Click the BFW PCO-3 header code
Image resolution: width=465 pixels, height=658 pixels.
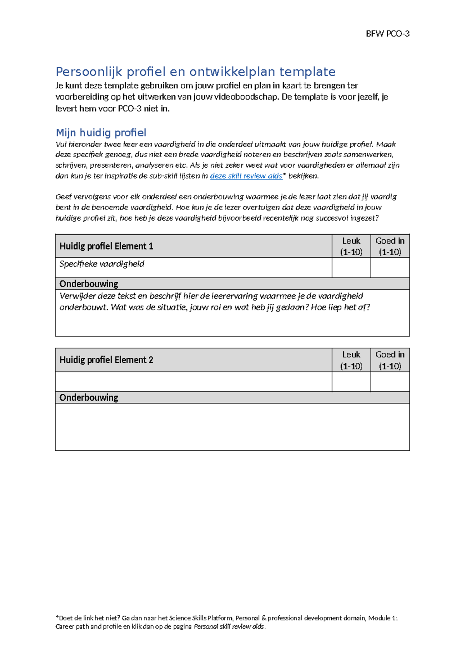[x=387, y=34]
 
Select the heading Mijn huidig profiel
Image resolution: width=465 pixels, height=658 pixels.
[x=101, y=133]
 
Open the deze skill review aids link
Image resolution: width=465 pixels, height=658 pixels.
[x=246, y=176]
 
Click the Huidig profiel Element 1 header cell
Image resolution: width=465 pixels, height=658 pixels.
[x=106, y=246]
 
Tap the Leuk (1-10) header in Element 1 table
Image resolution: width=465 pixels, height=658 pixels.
[x=351, y=246]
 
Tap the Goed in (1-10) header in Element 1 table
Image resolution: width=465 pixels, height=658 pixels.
[x=390, y=246]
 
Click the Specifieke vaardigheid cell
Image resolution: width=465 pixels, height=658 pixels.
[x=102, y=264]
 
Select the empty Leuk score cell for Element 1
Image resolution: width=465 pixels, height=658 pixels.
[x=351, y=268]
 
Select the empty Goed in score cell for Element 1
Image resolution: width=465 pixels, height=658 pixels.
[x=390, y=268]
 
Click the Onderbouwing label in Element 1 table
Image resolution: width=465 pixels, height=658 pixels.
[x=89, y=284]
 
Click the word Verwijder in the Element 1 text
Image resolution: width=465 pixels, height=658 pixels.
[x=77, y=296]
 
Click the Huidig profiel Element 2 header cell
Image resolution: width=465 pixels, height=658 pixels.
[x=106, y=360]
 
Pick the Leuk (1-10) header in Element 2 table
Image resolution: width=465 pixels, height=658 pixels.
[x=351, y=360]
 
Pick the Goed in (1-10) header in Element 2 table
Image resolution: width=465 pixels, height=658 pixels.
[x=390, y=360]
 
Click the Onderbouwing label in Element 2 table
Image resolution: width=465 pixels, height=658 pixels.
[x=89, y=397]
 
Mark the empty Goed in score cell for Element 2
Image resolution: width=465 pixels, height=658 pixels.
[x=390, y=382]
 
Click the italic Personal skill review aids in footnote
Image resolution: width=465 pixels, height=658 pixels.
[x=229, y=627]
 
